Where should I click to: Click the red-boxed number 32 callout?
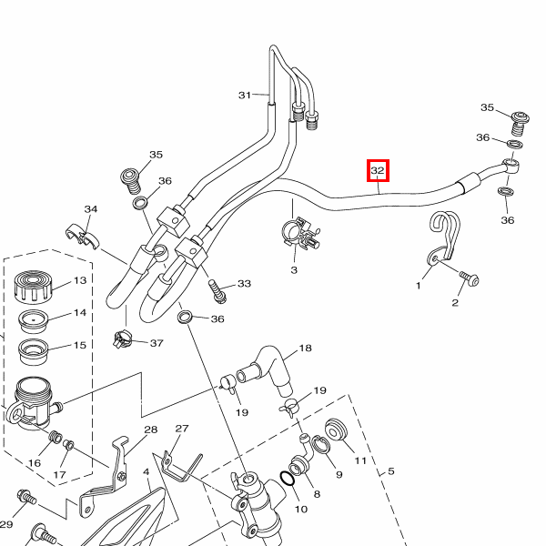(x=379, y=170)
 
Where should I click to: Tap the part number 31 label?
(x=245, y=95)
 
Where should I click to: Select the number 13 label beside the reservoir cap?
(x=80, y=281)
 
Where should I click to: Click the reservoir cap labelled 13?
(x=34, y=287)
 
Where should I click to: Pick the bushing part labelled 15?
(x=35, y=349)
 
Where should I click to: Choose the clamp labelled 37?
(x=122, y=341)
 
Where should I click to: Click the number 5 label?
(x=391, y=471)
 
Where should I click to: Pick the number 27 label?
(x=181, y=429)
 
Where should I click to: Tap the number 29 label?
(x=6, y=525)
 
